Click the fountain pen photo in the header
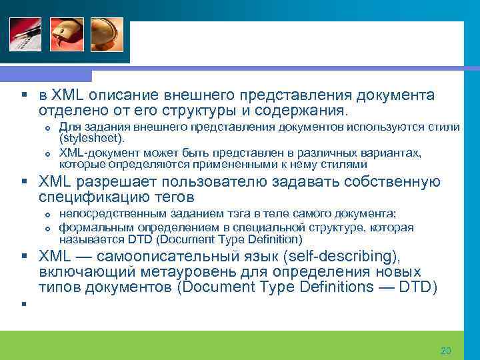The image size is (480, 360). (x=25, y=33)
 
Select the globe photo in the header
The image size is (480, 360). (x=108, y=33)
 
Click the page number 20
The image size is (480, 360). (x=446, y=351)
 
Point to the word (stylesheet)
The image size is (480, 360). (x=92, y=138)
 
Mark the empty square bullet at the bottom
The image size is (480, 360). (x=23, y=305)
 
